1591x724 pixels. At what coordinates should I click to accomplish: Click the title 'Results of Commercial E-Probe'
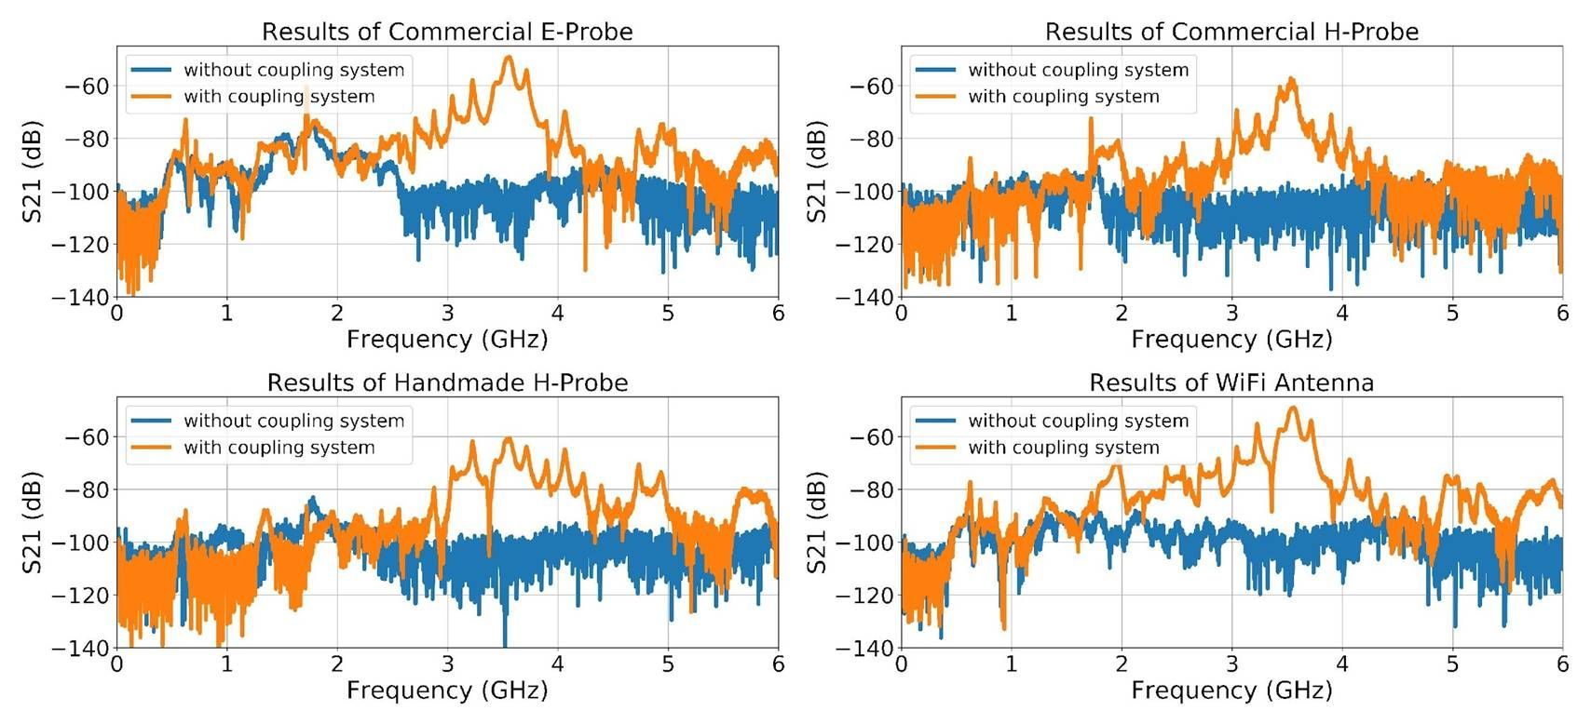(x=447, y=32)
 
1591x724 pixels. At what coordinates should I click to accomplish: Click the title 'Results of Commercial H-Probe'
(x=1231, y=32)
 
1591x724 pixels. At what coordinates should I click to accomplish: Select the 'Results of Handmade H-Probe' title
(x=447, y=382)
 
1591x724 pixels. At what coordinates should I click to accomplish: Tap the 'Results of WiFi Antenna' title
(x=1231, y=382)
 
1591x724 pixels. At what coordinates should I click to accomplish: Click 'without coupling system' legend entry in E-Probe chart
(x=293, y=70)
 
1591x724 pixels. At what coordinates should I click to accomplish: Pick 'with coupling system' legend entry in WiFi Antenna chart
(x=1063, y=448)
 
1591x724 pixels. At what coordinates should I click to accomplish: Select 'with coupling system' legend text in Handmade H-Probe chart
(x=279, y=448)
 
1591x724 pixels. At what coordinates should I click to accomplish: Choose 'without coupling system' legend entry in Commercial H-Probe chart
(x=1078, y=70)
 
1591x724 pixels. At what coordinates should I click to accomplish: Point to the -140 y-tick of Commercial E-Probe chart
(x=86, y=298)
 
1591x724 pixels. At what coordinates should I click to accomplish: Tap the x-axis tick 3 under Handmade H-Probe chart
(x=448, y=664)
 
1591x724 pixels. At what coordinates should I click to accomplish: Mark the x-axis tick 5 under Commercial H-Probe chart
(x=1452, y=314)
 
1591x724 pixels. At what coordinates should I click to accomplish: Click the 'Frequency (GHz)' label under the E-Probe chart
(x=447, y=339)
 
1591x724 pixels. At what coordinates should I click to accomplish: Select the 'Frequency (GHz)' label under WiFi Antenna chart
(x=1231, y=690)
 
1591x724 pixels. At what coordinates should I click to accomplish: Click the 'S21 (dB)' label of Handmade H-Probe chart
(x=33, y=522)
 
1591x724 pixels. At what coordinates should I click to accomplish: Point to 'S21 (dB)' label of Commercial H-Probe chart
(x=817, y=171)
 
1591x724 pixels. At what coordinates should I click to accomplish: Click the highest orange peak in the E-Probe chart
(x=509, y=59)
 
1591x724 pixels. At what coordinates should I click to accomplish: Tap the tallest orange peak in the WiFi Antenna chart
(x=1293, y=409)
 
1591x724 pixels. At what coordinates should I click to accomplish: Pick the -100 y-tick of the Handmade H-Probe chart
(x=86, y=543)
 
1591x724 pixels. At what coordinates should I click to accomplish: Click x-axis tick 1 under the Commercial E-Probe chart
(x=227, y=314)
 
